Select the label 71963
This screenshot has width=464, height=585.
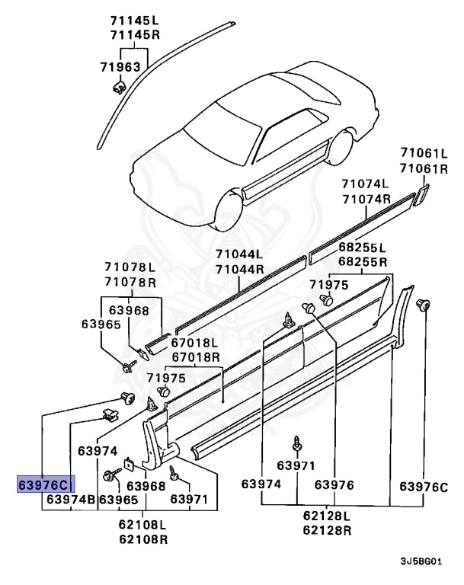(x=120, y=67)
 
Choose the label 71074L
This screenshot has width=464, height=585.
(x=365, y=184)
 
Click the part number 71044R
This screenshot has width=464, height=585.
(x=239, y=269)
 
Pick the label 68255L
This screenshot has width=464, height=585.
(x=362, y=248)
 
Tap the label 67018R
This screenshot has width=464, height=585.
(x=196, y=356)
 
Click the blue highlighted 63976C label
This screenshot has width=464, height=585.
(x=43, y=484)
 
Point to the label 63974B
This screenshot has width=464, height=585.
(x=71, y=500)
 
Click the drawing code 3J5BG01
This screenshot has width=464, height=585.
(x=421, y=561)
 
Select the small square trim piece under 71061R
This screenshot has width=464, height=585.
(x=420, y=195)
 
